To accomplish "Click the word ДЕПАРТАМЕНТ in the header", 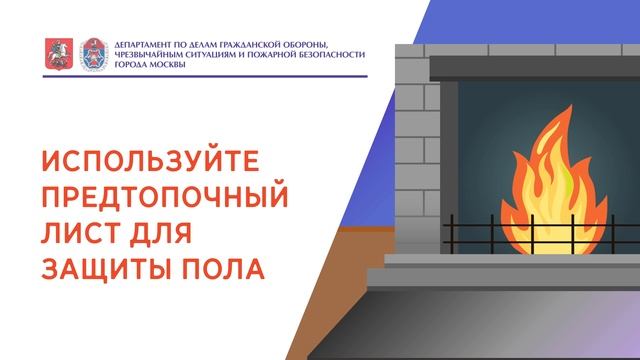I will [x=146, y=45].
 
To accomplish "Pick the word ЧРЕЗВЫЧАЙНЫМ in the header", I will [x=149, y=56].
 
